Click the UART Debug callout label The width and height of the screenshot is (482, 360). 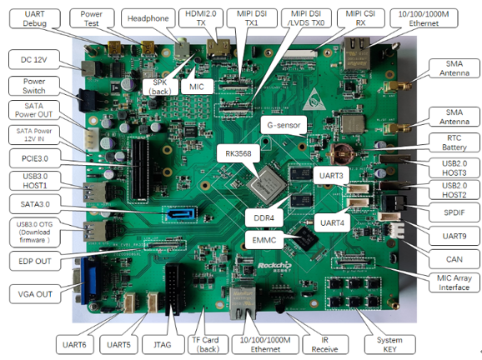pos(34,18)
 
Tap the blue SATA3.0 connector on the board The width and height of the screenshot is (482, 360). pos(180,213)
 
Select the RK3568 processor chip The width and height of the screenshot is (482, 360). pos(267,185)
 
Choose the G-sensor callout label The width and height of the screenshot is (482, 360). pos(284,125)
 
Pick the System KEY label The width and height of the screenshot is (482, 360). pos(389,344)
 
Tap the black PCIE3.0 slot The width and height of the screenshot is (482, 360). pos(139,170)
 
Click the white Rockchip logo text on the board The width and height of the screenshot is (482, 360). pos(274,266)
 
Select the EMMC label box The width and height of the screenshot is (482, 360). pos(264,240)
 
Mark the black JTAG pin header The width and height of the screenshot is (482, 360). pos(173,289)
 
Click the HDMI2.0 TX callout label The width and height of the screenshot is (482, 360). pos(201,18)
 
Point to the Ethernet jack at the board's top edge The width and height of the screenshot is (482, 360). pos(357,53)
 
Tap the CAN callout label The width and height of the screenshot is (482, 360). pos(454,259)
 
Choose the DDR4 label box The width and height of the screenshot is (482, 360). pos(264,217)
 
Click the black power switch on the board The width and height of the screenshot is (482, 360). pos(88,99)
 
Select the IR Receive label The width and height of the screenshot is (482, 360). pos(324,344)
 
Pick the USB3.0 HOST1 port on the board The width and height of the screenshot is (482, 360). pos(95,192)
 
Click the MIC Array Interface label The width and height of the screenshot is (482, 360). pos(454,282)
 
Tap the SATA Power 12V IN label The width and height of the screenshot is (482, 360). pos(34,134)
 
